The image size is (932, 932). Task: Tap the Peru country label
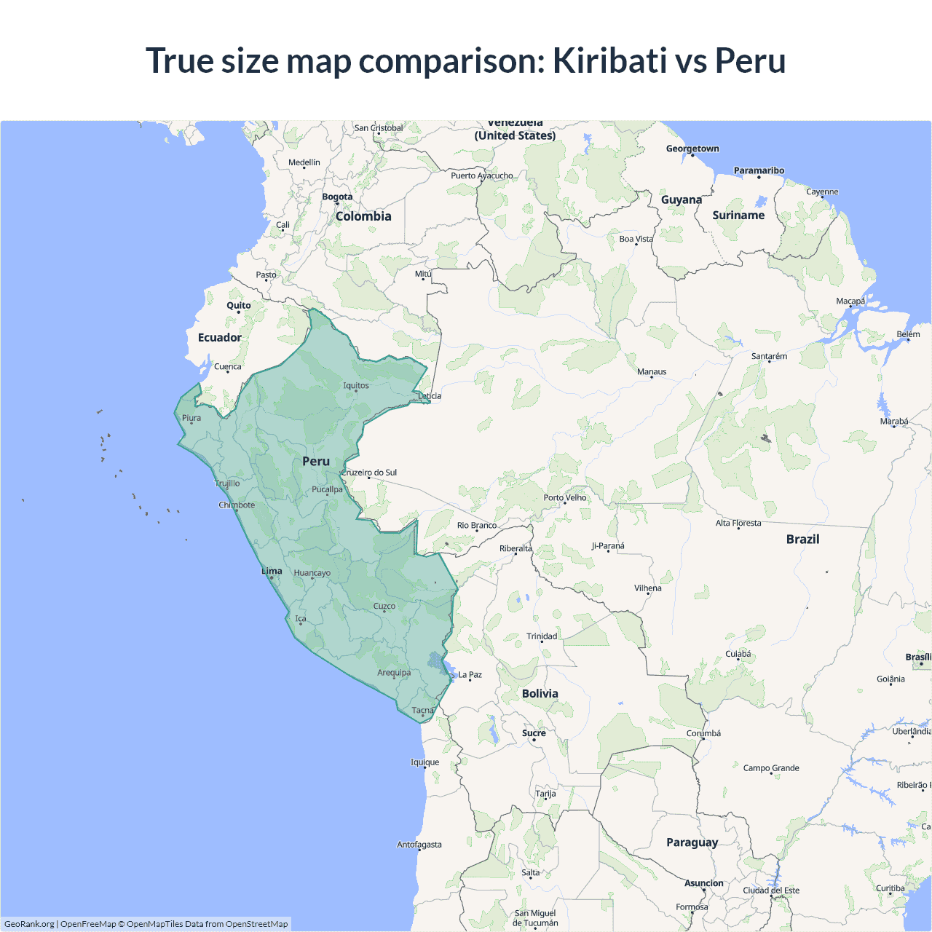[316, 461]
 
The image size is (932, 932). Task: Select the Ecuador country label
[219, 337]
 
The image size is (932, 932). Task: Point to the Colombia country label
[363, 216]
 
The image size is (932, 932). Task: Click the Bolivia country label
[540, 693]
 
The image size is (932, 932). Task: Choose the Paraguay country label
[692, 842]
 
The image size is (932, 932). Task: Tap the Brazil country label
[802, 539]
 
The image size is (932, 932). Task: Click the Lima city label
[272, 571]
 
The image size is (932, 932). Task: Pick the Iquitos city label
[356, 385]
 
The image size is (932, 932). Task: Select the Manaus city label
[652, 371]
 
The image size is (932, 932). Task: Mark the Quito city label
[238, 305]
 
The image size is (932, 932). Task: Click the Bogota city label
[337, 197]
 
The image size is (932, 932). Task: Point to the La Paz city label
[470, 674]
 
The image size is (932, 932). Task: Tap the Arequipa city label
[394, 672]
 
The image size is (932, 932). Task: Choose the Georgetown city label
[692, 149]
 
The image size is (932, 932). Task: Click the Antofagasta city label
[419, 845]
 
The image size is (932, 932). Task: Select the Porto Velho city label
[564, 497]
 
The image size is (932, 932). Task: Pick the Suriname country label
[738, 215]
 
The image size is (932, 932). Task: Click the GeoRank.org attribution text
[29, 924]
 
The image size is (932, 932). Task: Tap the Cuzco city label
[384, 606]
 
